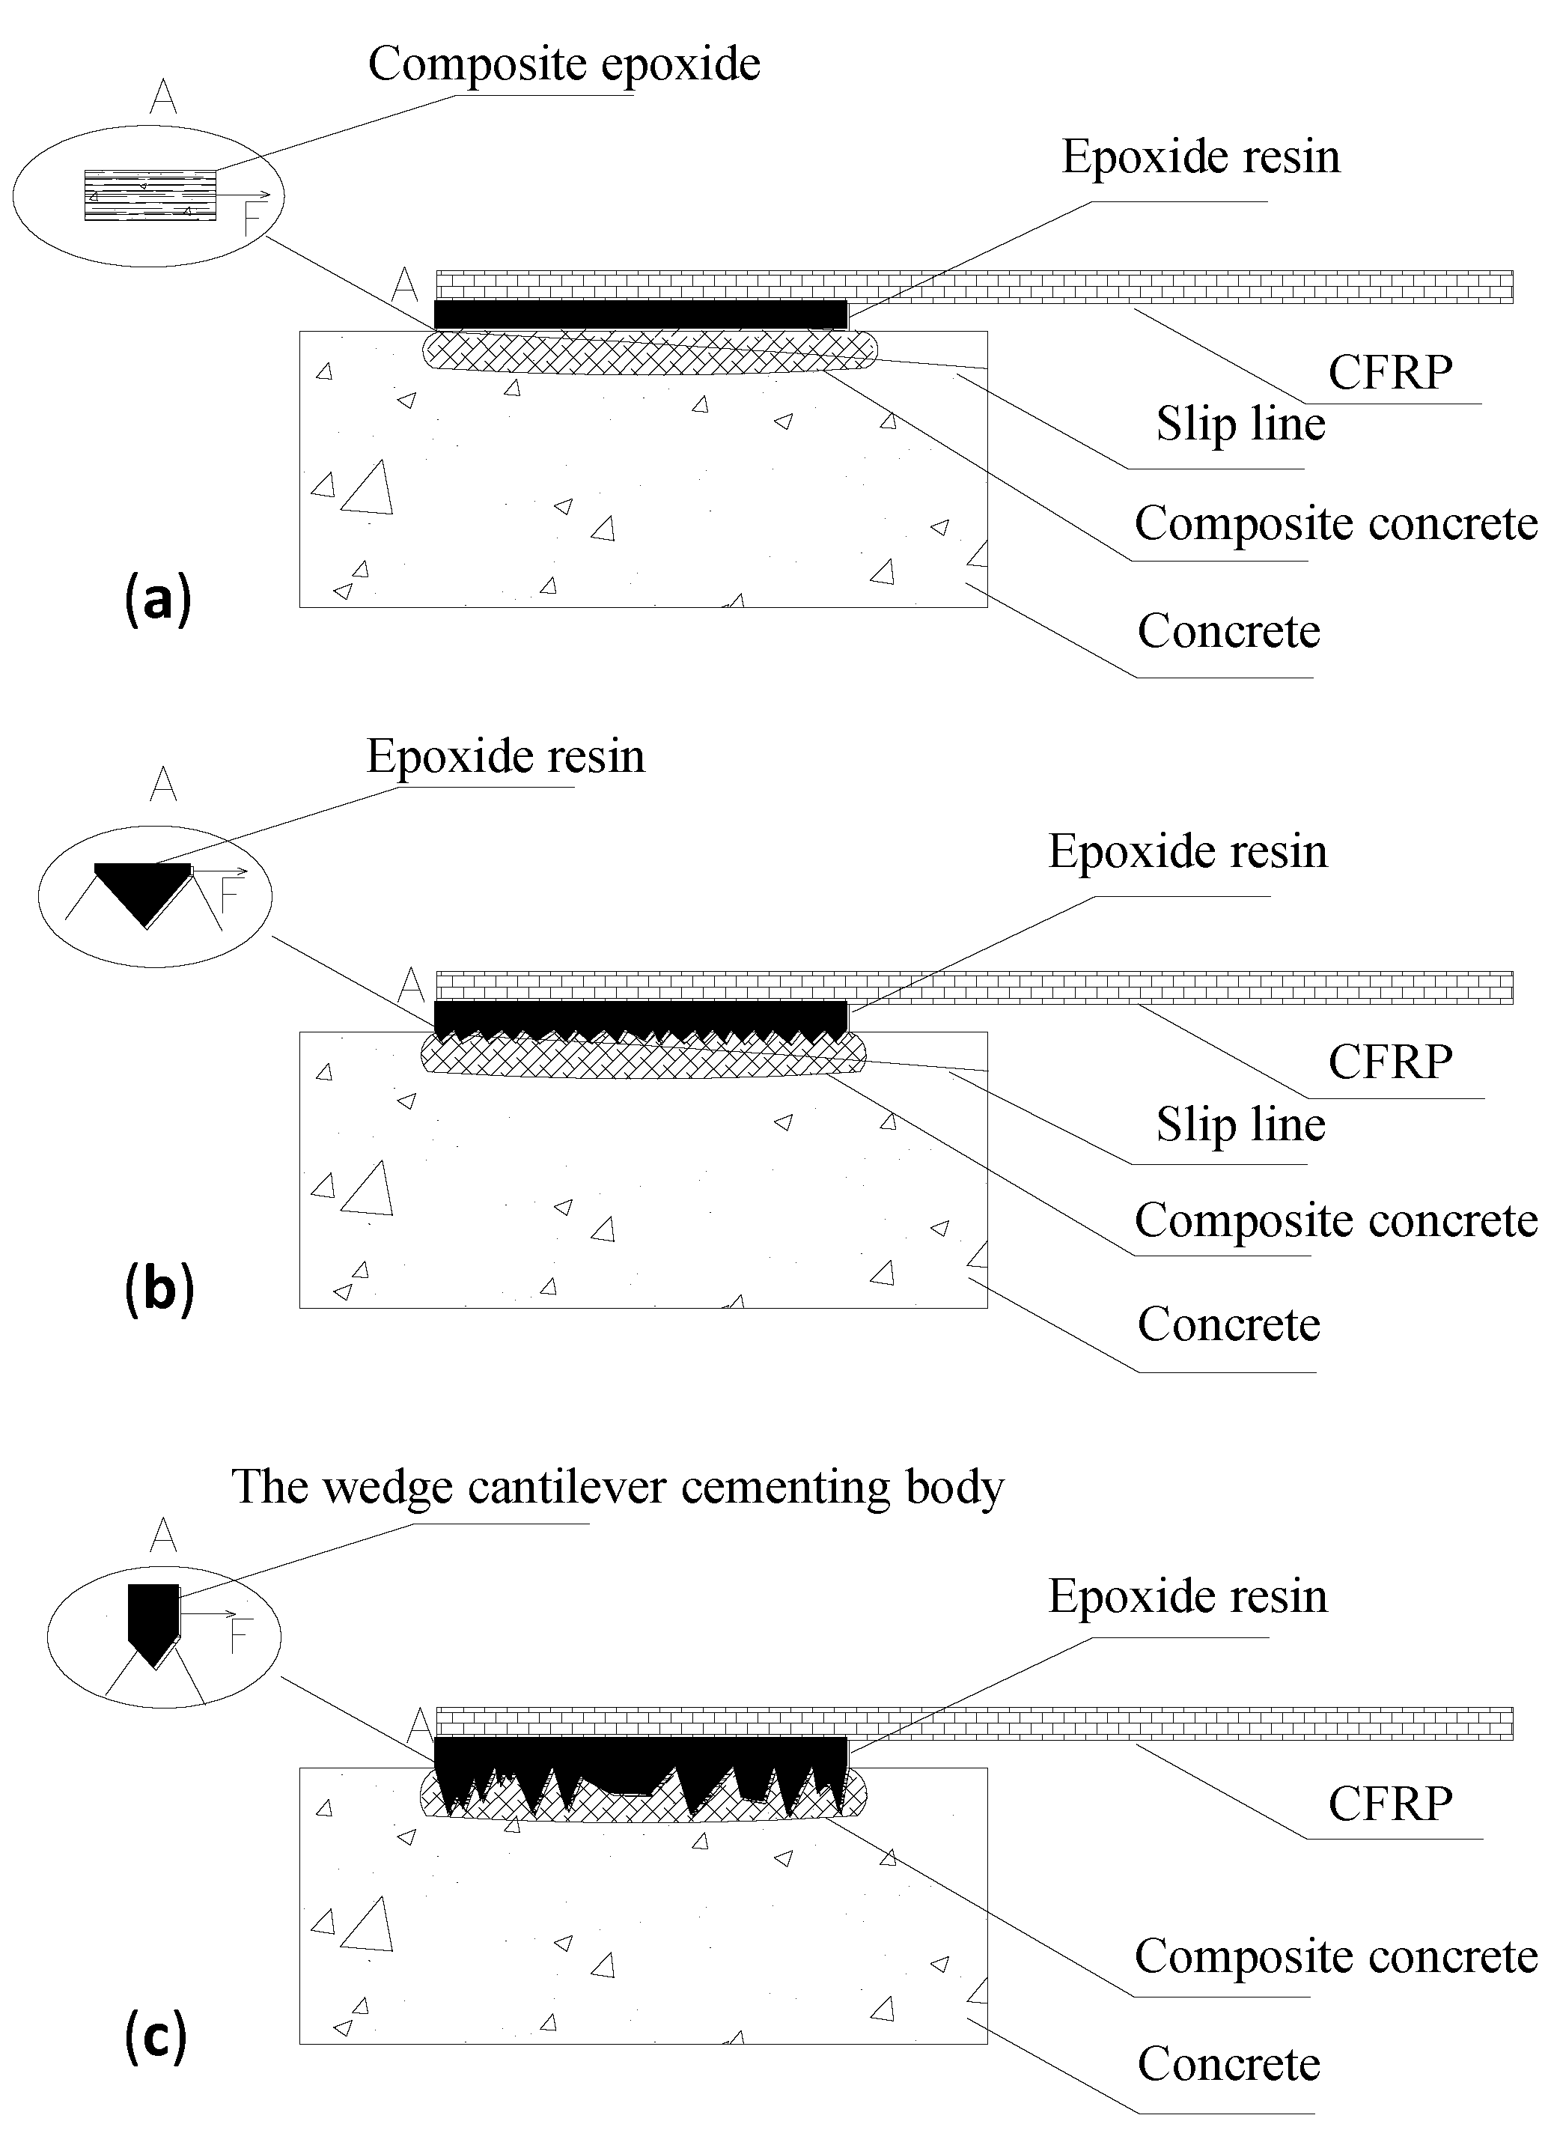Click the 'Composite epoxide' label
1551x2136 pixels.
click(563, 65)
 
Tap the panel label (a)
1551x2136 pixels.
click(157, 600)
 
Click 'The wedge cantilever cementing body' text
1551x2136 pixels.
click(617, 1487)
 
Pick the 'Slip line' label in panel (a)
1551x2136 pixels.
click(1240, 424)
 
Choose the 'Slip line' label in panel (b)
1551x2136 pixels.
click(1240, 1125)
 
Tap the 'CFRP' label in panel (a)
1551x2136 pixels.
click(1390, 373)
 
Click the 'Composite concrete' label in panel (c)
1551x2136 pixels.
click(1335, 1956)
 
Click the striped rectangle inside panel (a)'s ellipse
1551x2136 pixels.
click(150, 195)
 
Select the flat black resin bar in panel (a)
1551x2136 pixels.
click(640, 314)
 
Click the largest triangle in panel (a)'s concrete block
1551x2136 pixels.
click(368, 488)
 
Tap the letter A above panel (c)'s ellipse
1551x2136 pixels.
click(163, 1536)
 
